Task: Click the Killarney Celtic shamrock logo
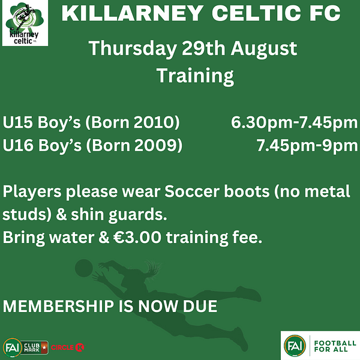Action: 25,23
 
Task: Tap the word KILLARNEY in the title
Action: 133,13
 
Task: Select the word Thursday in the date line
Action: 133,49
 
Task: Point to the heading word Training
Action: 196,76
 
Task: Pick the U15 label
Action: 18,122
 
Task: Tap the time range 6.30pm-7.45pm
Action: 295,123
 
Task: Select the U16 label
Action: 18,145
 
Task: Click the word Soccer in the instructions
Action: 192,191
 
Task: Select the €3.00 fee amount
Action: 137,238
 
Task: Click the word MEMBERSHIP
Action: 59,306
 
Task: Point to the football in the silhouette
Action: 84,268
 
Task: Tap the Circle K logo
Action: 67,347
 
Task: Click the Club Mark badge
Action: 35,347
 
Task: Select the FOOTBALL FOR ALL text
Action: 335,346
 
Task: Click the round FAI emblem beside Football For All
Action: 295,346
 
